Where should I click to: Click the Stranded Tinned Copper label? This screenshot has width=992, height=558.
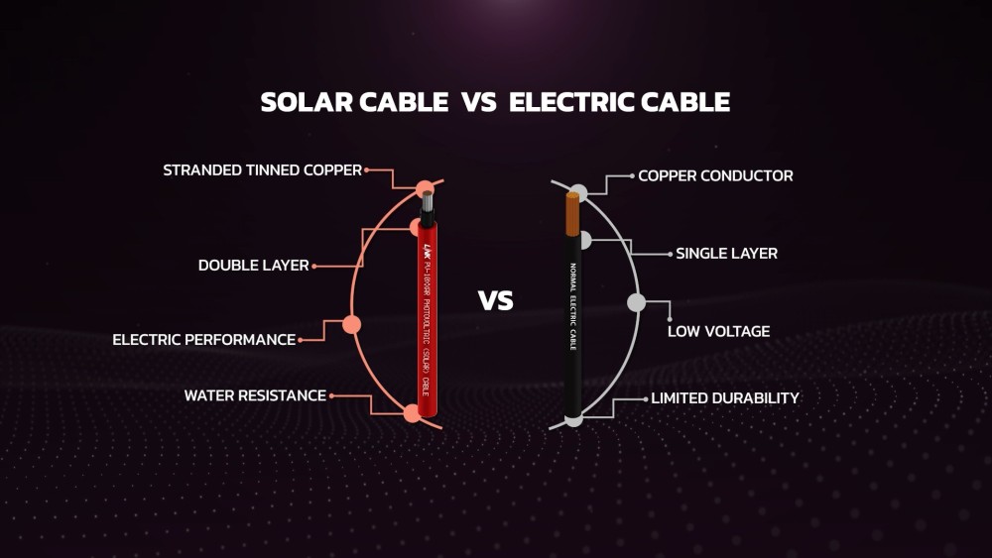coord(262,170)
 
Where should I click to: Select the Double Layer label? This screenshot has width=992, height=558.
coord(253,266)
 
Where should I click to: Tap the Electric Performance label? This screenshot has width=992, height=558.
coord(203,340)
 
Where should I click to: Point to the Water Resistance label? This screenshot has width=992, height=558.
coord(255,395)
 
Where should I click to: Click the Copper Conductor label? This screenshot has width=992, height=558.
coord(715,176)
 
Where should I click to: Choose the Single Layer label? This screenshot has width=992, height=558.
coord(726,254)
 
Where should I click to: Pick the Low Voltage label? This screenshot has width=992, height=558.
coord(718,331)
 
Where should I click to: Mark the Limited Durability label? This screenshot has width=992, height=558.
coord(724,398)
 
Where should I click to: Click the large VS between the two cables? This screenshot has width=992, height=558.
coord(496,300)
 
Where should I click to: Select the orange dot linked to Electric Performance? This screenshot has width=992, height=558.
coord(351,324)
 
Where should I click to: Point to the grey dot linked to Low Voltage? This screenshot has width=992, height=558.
coord(637,303)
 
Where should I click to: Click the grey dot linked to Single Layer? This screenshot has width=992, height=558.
coord(585,240)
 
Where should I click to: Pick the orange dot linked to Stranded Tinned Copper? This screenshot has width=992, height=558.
coord(426,188)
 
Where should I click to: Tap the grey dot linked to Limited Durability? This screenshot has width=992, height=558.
coord(573,420)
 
